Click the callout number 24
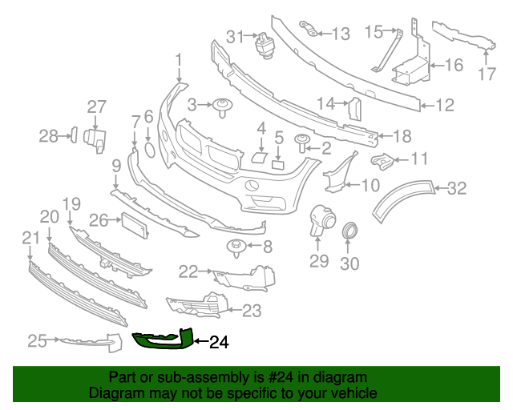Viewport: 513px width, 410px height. (x=219, y=343)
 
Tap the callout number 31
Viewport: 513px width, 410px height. (x=234, y=36)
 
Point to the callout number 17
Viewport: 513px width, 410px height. (x=487, y=76)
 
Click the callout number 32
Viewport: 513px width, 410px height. (x=457, y=189)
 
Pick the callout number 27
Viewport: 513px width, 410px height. (x=96, y=107)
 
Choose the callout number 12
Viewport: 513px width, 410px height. (x=445, y=104)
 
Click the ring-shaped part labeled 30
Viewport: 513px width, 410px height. (x=350, y=232)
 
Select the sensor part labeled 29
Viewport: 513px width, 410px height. (x=320, y=221)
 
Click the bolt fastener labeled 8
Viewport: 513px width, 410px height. (x=237, y=246)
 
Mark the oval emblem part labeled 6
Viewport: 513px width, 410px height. (x=149, y=149)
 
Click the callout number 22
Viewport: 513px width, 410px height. (x=188, y=272)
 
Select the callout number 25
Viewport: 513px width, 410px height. (x=37, y=341)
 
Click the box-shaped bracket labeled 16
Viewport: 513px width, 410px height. (x=411, y=67)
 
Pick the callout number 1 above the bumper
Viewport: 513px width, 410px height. (x=179, y=59)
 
